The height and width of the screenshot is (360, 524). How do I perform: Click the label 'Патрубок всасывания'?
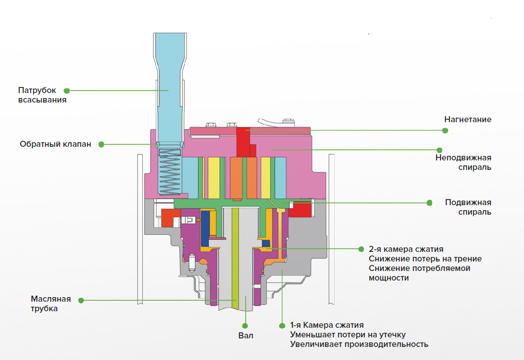(42, 95)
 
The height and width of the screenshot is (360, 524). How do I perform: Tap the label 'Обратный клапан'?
(55, 144)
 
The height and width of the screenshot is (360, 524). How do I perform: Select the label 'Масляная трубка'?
(51, 304)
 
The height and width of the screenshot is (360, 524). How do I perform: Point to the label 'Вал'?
(246, 335)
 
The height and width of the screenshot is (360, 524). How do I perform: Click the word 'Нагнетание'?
(468, 120)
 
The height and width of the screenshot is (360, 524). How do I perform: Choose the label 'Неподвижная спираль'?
(463, 162)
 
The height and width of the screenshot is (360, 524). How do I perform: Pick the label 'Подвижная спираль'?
(468, 207)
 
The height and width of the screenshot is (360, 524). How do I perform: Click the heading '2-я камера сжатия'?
(406, 249)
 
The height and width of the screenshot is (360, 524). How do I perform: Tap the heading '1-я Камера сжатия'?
(327, 325)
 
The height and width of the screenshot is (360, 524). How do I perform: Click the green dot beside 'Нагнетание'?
(445, 131)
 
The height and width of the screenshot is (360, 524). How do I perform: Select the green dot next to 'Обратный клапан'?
(101, 144)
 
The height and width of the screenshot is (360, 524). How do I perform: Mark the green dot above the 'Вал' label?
(245, 326)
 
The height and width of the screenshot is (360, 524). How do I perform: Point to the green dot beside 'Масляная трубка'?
(81, 301)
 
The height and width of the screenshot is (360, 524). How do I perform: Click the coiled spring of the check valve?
(170, 171)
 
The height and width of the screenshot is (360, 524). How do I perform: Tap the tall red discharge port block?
(243, 142)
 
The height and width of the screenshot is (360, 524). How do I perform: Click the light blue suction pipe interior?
(170, 87)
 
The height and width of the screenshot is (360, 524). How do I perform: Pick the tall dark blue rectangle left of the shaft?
(205, 228)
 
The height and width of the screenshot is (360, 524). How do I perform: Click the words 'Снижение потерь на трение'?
(425, 259)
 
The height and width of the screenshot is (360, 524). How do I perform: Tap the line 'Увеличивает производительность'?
(359, 344)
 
